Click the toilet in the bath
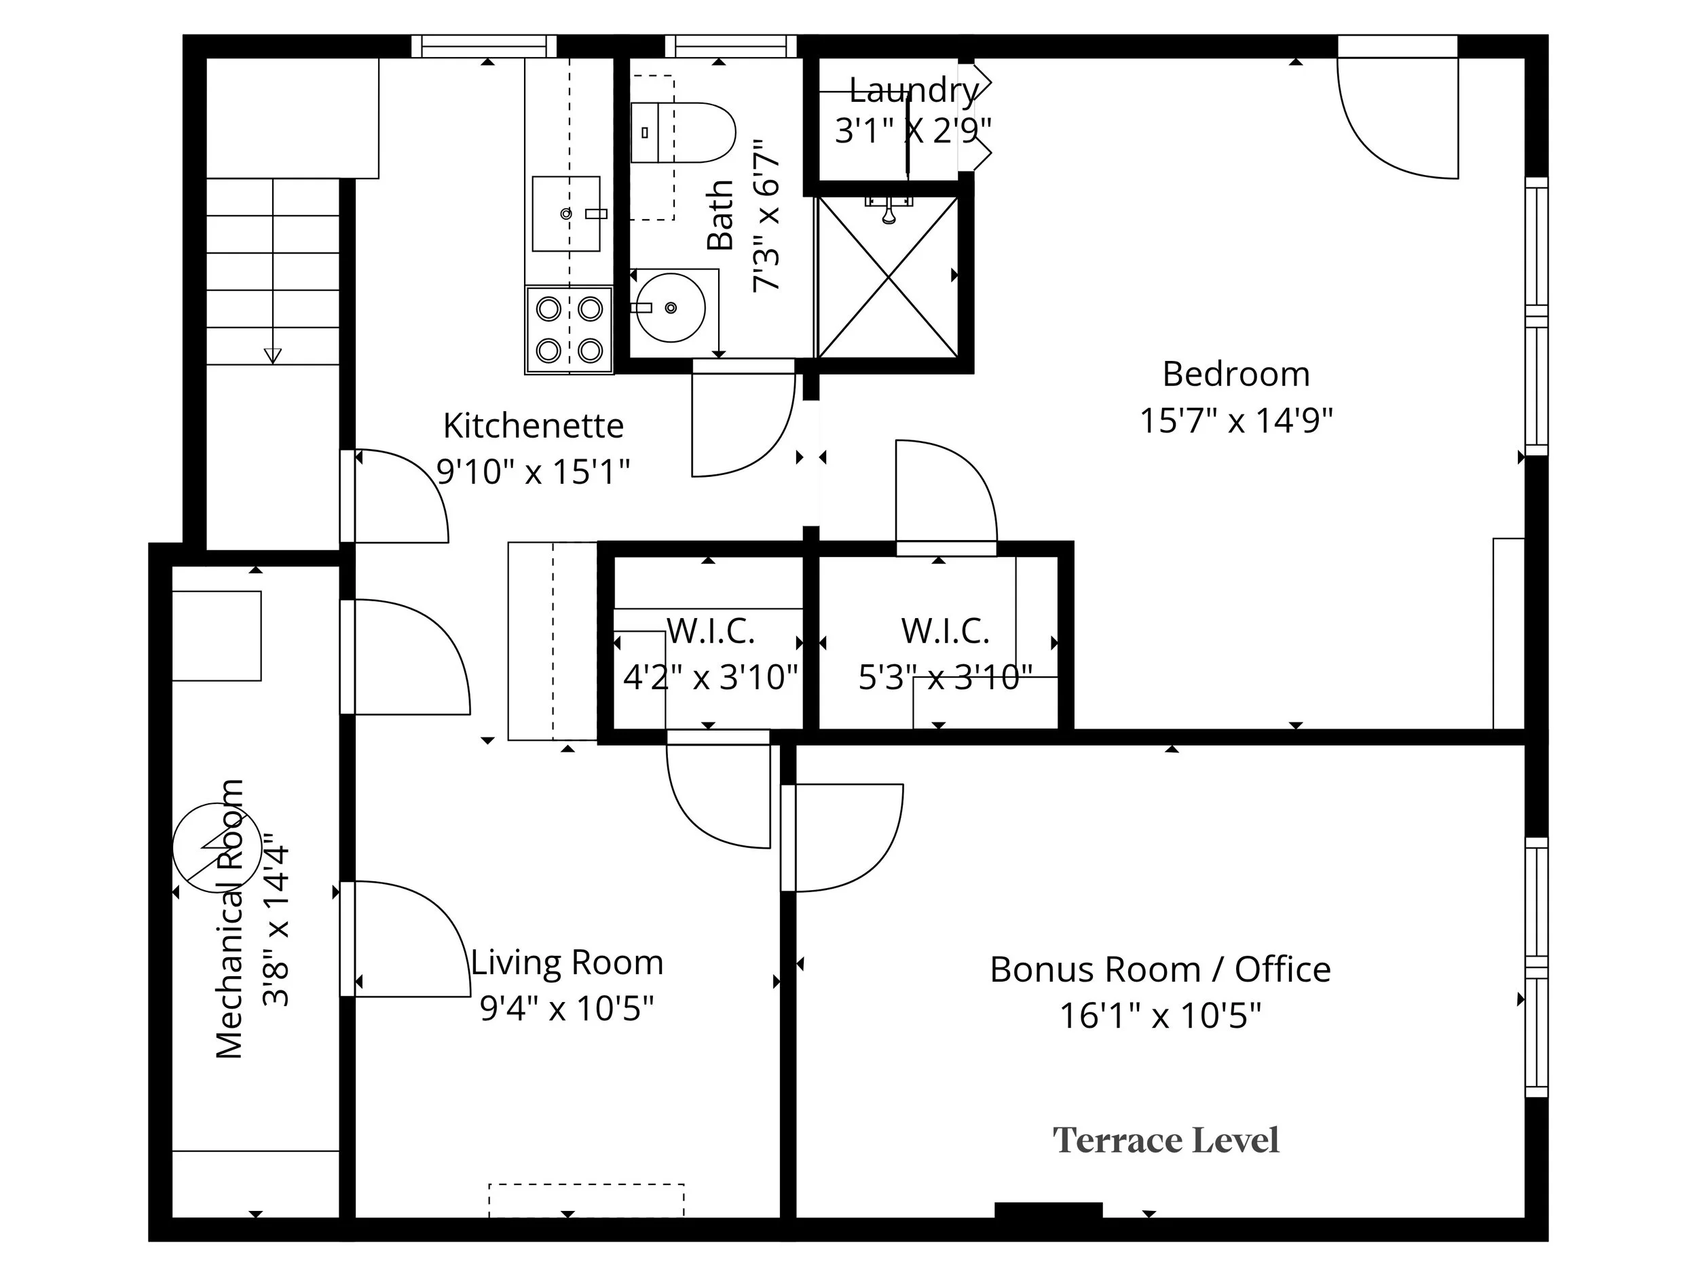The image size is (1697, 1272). pos(683,133)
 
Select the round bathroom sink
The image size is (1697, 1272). pos(671,307)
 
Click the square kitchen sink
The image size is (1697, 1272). pos(566,213)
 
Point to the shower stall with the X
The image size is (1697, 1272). pos(889,277)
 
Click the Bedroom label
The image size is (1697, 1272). pos(1236,374)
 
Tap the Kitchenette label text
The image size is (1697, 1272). pos(533,425)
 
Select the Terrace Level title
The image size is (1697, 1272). pos(1165,1140)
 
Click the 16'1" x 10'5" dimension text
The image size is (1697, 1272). pos(1160,1016)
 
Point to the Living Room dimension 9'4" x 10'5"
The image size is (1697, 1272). pos(567,1008)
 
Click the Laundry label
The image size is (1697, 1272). pos(914,90)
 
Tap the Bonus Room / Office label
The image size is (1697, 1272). pos(1160,970)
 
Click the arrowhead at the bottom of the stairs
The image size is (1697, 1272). pos(272,355)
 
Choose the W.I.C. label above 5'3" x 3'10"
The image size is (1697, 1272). pos(945,631)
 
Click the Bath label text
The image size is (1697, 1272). pos(720,216)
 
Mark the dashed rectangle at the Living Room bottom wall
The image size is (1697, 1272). pos(586,1200)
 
